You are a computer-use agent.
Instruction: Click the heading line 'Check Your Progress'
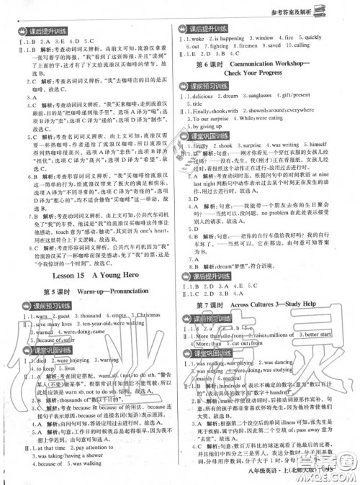[x=264, y=74]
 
